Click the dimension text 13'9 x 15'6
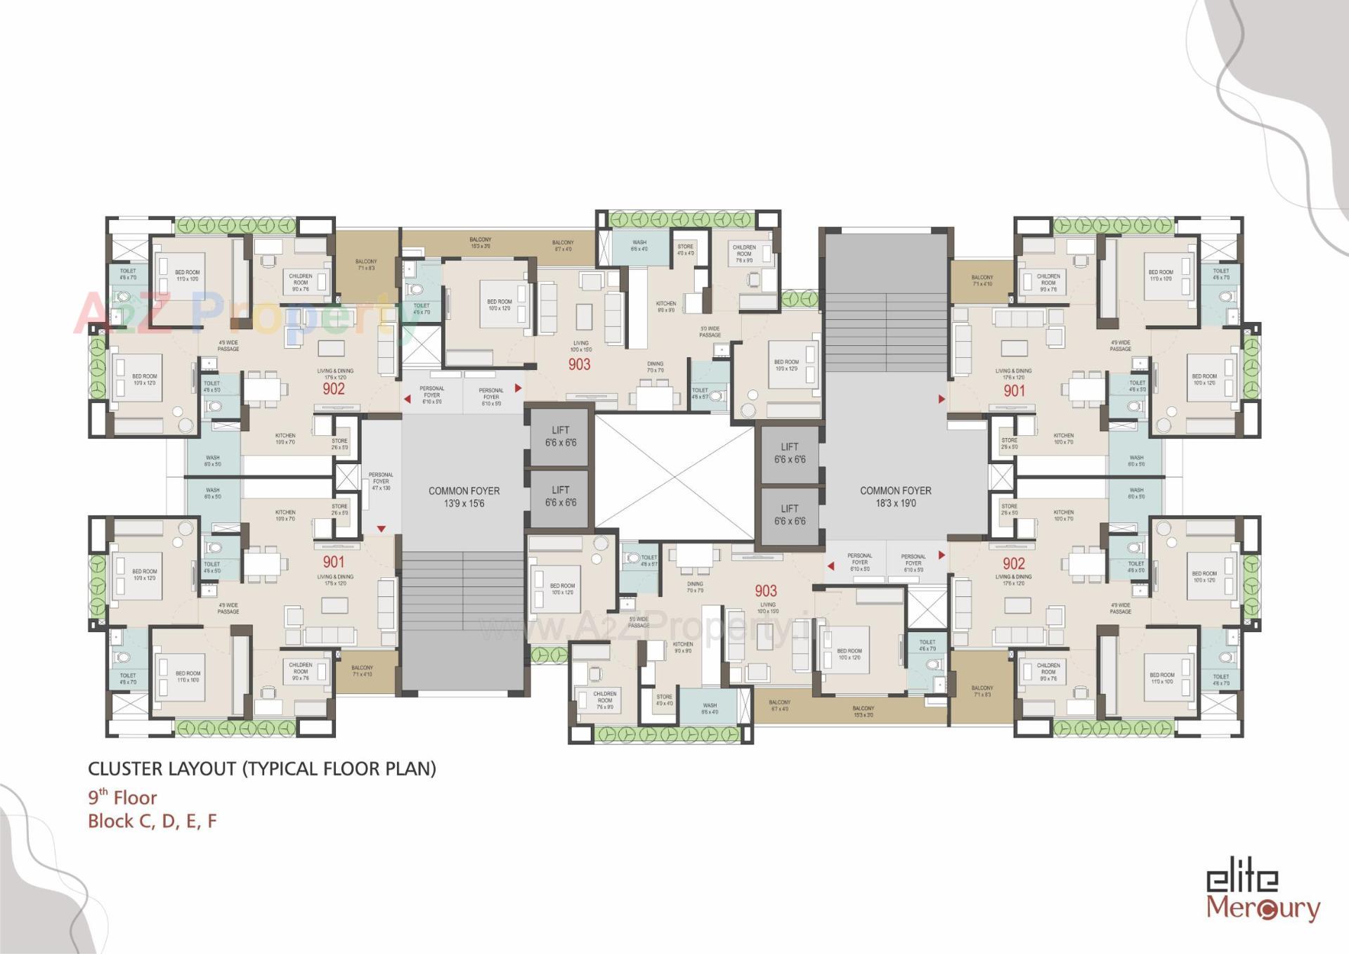(x=464, y=503)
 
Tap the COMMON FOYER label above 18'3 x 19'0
(x=895, y=491)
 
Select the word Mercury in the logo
(x=1263, y=908)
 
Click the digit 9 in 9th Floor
(x=93, y=799)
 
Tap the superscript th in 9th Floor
(x=103, y=792)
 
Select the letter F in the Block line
(x=212, y=821)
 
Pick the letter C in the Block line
(x=147, y=821)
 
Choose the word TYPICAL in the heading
(x=284, y=768)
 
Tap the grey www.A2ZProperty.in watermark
(x=653, y=626)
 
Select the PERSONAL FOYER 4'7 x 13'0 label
(x=381, y=482)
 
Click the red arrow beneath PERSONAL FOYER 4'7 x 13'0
(x=382, y=529)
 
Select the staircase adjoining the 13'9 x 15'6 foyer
(x=464, y=591)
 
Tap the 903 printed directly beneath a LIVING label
(x=580, y=364)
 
